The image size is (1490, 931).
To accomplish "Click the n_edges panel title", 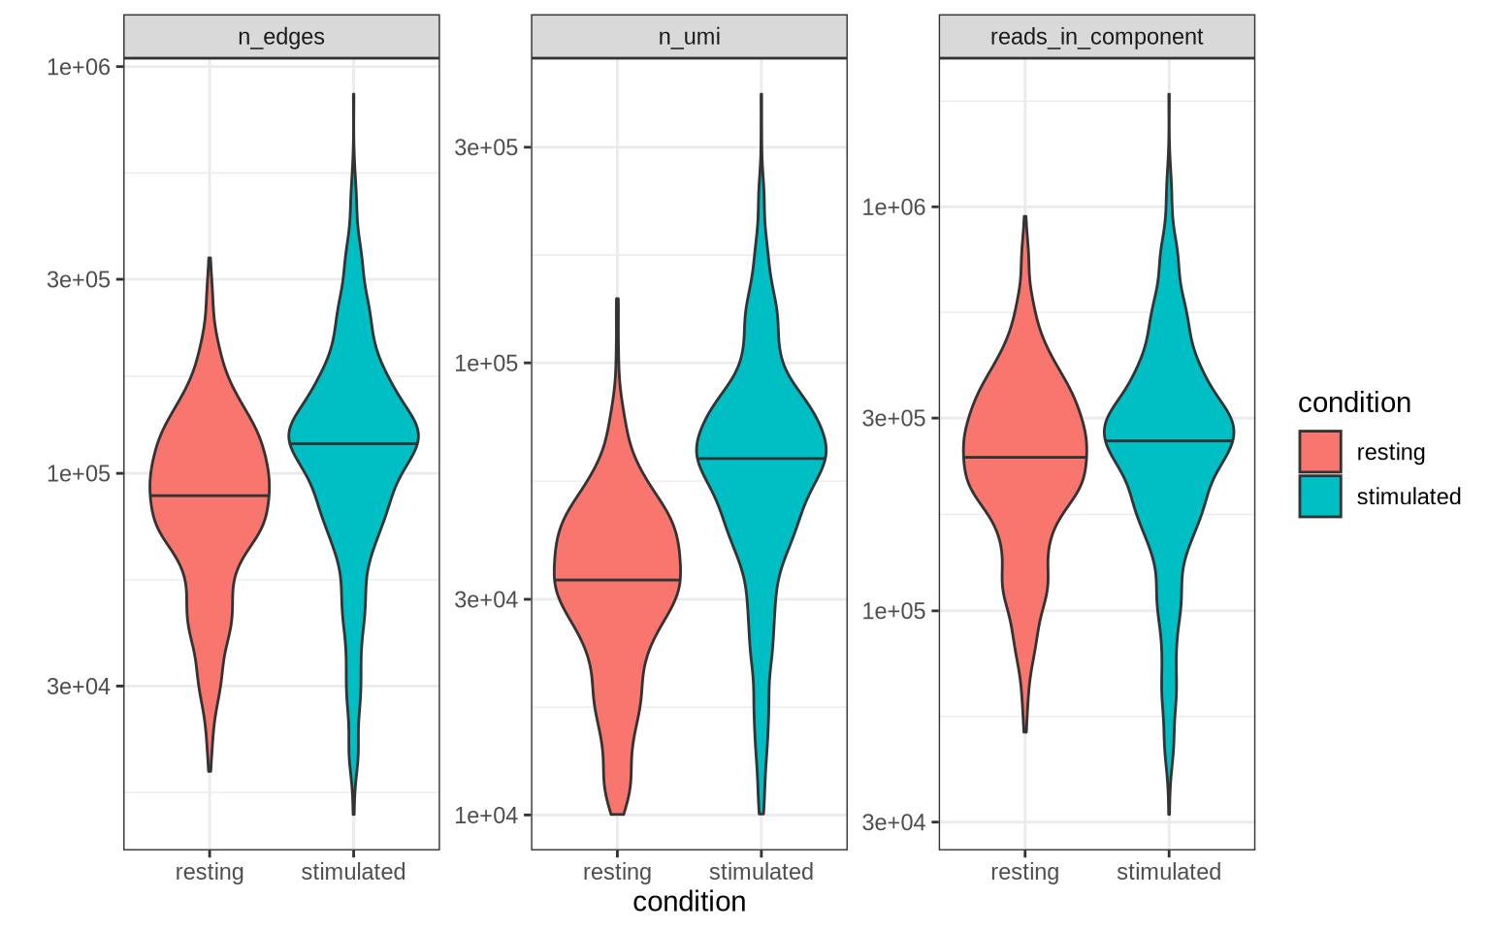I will (x=281, y=37).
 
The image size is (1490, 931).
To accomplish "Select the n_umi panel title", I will (x=689, y=37).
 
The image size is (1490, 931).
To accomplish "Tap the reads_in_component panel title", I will (x=1096, y=37).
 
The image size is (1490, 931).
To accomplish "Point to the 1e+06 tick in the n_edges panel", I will (x=79, y=67).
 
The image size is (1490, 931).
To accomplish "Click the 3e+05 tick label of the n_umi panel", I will (x=486, y=147).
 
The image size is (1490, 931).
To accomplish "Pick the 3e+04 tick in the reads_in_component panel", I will (x=893, y=822).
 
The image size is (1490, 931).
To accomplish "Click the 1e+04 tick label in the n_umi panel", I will (x=486, y=816).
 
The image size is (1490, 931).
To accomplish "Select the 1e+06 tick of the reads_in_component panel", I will (x=893, y=208).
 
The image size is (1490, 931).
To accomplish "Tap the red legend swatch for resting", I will (x=1320, y=452).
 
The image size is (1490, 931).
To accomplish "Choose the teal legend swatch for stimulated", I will (x=1320, y=497).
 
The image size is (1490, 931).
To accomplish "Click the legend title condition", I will (x=1354, y=403).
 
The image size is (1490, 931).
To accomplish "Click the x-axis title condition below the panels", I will (x=689, y=902).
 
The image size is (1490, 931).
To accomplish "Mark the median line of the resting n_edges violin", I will (x=210, y=496).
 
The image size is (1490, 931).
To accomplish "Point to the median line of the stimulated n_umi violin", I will (x=761, y=458).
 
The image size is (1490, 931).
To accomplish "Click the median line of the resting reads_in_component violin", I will (x=1024, y=457).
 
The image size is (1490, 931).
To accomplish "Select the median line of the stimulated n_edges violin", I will (x=353, y=443).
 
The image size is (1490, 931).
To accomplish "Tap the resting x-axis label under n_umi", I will (x=617, y=872).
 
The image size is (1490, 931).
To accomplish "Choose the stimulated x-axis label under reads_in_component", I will (x=1168, y=872).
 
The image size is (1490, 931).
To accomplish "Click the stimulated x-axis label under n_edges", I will (x=353, y=872).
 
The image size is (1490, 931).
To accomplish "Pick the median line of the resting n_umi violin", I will (x=617, y=580).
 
